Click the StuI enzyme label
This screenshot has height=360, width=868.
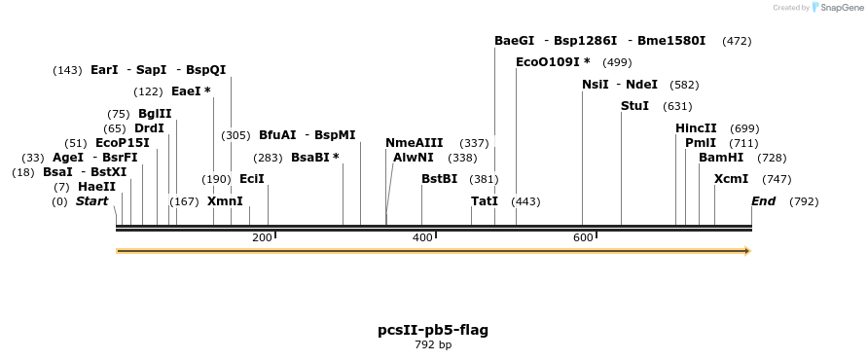(634, 106)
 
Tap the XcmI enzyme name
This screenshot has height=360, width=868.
(731, 179)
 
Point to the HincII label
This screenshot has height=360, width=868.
(696, 128)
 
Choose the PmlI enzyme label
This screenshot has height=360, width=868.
(701, 143)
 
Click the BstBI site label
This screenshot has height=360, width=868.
(439, 179)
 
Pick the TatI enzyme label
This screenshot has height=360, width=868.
(484, 201)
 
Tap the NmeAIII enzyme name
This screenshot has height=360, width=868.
(414, 143)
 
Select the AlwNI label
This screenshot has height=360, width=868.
(414, 158)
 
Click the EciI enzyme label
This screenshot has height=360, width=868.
(251, 179)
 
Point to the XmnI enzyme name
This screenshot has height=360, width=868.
(225, 201)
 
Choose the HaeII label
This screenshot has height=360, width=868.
(96, 187)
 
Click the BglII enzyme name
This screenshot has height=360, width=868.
(155, 114)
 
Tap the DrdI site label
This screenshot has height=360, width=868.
(149, 128)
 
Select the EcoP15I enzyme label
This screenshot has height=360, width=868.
(123, 143)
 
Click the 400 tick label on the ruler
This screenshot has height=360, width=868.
(422, 238)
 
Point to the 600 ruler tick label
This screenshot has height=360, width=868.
(583, 238)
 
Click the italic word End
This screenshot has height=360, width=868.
(763, 201)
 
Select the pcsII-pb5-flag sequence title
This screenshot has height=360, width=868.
(433, 330)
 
